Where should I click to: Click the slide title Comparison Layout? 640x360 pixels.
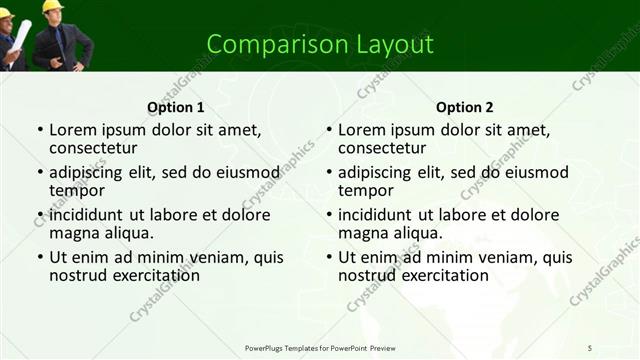click(x=320, y=44)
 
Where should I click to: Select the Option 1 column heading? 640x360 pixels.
click(x=175, y=107)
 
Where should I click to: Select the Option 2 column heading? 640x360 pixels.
click(x=465, y=107)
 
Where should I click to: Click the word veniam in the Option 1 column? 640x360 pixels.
click(x=196, y=257)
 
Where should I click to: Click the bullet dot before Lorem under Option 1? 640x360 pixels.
click(x=40, y=130)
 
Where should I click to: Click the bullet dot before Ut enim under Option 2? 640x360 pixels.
click(x=329, y=257)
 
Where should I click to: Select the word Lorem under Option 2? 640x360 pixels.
click(x=361, y=129)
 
